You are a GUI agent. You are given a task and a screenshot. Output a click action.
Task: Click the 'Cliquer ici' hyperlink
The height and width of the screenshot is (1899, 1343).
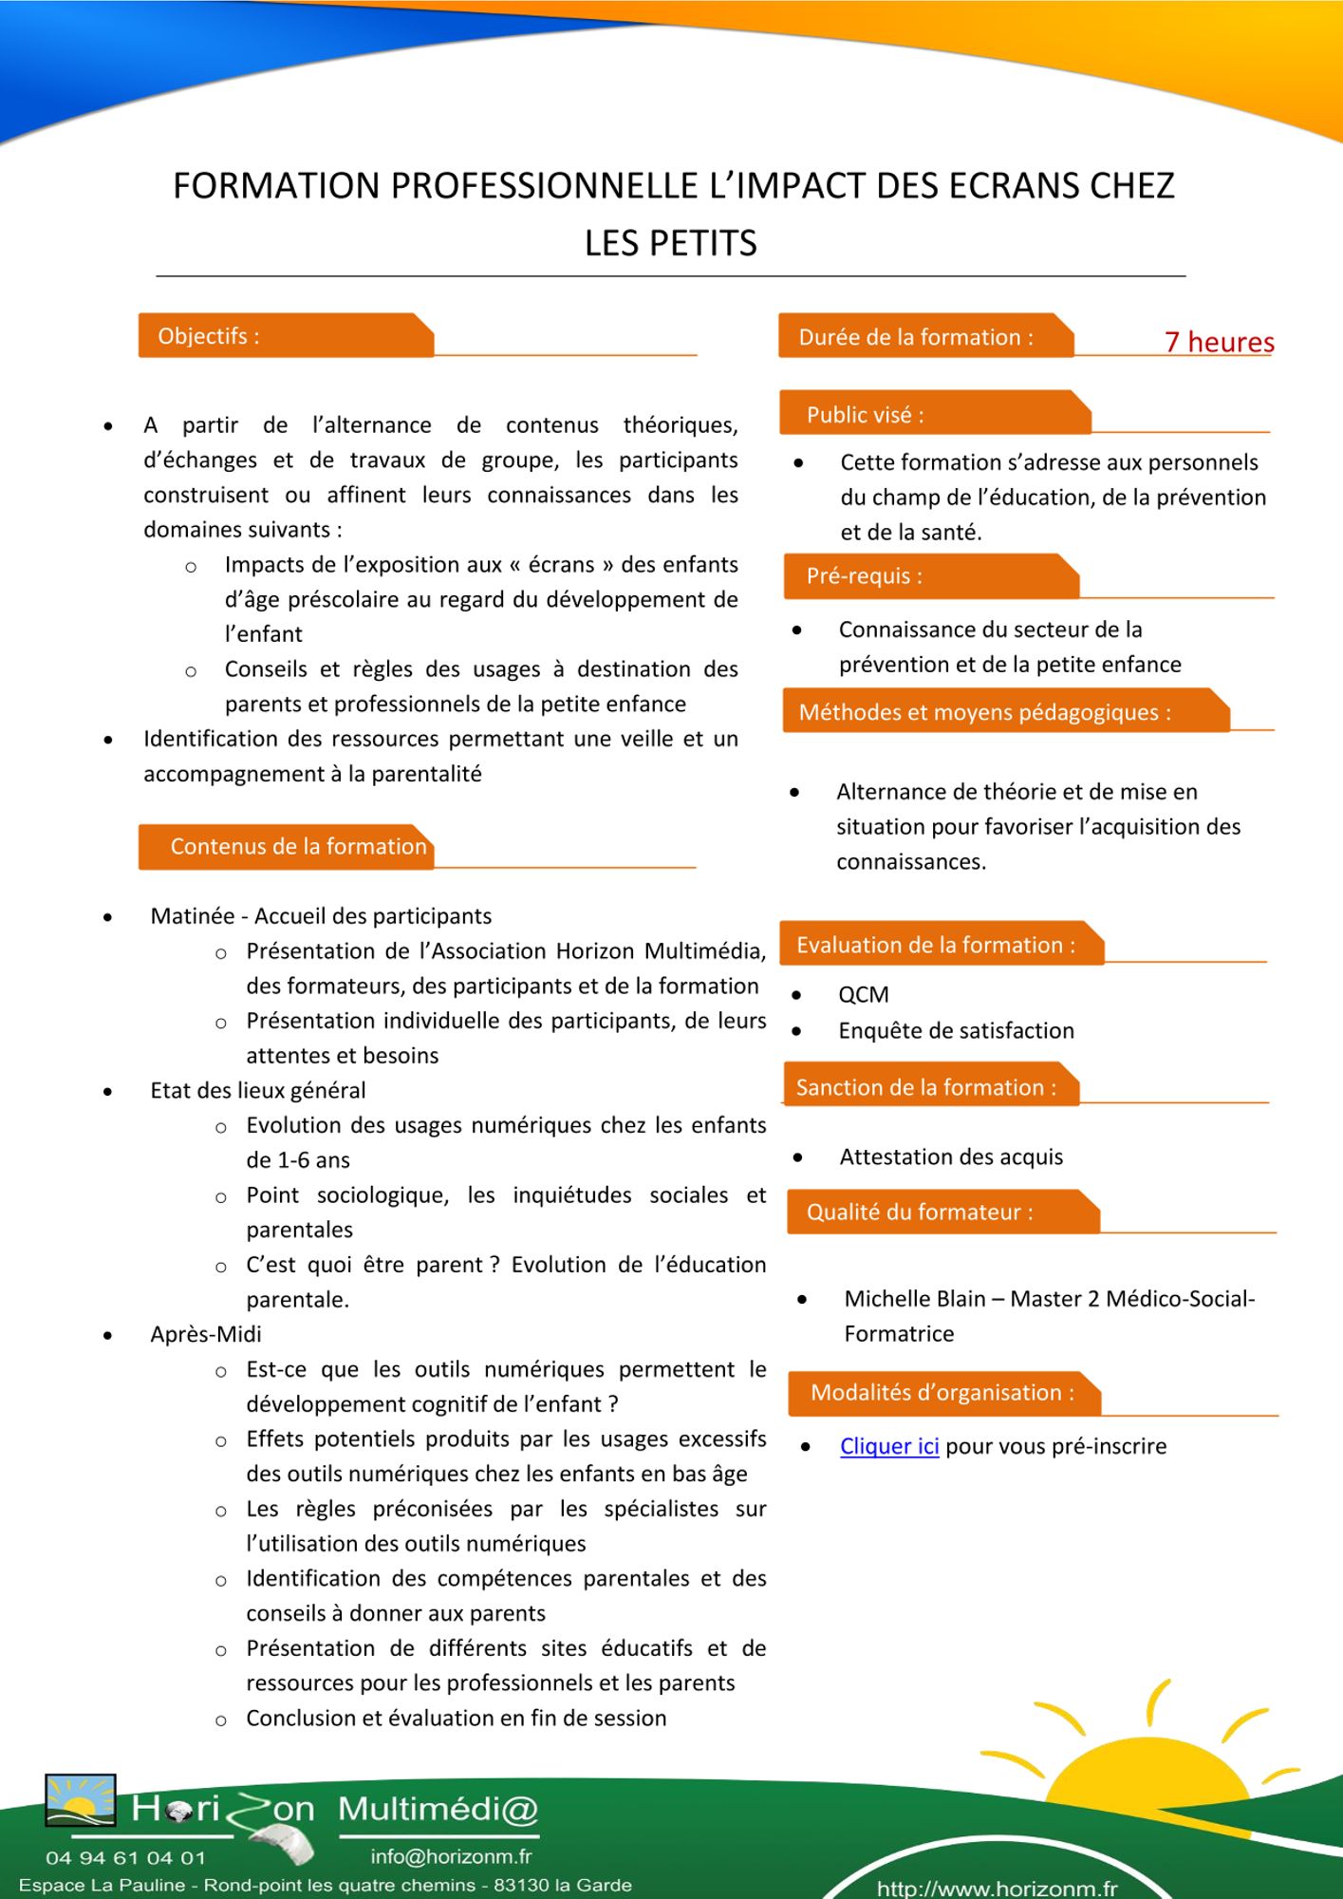coord(889,1446)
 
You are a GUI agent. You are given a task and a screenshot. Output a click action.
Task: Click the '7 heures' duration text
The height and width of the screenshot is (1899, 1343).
coord(1219,342)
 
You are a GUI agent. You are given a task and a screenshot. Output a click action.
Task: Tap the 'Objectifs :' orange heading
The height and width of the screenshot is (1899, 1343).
coord(209,336)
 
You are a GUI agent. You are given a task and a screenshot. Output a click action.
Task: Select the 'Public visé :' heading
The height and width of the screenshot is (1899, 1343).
coord(865,415)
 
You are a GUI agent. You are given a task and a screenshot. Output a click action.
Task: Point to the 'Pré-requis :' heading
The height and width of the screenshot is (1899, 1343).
coord(864,576)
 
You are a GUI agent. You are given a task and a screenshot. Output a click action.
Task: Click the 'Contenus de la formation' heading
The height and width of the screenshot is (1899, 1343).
coord(298,847)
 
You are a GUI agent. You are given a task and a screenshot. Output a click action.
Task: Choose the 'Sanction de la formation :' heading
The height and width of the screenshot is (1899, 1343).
coord(925,1088)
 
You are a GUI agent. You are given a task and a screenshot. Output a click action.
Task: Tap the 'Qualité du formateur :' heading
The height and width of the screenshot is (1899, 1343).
coord(919,1213)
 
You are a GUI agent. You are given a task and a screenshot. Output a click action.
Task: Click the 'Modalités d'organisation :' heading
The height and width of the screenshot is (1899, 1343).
coord(942,1393)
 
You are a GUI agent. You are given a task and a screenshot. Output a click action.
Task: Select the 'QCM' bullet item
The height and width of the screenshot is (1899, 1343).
coord(863,995)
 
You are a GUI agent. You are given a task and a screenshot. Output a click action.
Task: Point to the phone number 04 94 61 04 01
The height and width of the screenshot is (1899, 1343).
coord(125,1857)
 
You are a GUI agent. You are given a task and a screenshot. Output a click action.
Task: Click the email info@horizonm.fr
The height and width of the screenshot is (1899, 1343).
coord(451,1856)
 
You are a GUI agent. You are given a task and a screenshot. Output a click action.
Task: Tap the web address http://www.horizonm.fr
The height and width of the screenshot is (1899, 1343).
coord(997,1889)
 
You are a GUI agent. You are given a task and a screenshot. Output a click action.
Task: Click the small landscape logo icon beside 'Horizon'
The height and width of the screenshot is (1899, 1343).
coord(81,1800)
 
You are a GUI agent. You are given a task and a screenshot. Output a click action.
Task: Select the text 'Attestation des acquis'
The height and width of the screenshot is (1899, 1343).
coord(951,1157)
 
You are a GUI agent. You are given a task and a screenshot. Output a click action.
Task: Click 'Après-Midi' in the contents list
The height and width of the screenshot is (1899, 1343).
coord(205,1335)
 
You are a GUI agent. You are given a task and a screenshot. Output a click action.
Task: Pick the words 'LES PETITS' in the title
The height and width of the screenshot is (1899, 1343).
coord(670,244)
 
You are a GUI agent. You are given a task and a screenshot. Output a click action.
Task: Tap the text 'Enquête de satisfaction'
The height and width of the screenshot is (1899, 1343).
coord(956,1031)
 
